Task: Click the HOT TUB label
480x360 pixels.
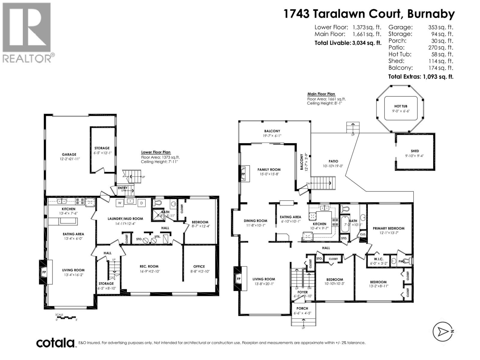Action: click(401, 106)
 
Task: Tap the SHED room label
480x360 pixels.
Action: click(415, 151)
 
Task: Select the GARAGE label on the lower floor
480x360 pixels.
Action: click(69, 154)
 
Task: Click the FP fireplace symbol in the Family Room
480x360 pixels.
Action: click(243, 174)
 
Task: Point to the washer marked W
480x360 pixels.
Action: click(119, 203)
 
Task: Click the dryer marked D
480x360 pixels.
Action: click(141, 203)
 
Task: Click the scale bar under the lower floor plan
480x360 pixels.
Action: click(67, 317)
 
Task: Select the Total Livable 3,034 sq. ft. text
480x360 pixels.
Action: click(348, 43)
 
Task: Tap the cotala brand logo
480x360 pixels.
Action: click(55, 343)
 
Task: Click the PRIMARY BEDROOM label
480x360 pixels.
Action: click(388, 228)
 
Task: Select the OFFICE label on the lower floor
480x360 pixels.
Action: click(199, 266)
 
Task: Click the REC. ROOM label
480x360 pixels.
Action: click(149, 266)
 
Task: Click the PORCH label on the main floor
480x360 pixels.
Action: click(302, 308)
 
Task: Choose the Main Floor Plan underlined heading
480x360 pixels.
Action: click(321, 94)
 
